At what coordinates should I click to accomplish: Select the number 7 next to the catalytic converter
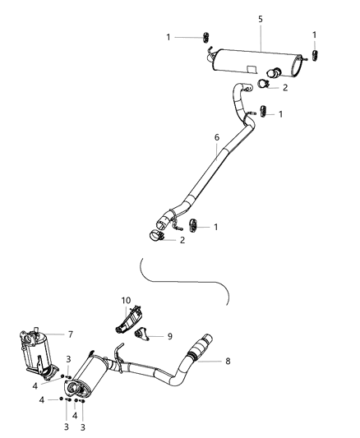tap(70, 334)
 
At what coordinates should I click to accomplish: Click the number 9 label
tap(171, 335)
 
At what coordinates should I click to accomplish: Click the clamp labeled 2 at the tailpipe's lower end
tap(156, 237)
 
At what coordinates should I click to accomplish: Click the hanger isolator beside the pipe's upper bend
tap(263, 112)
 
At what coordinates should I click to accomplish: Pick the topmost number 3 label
tap(68, 359)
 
